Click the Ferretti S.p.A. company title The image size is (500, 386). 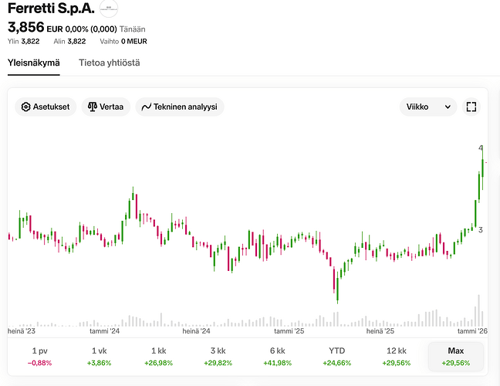pos(51,9)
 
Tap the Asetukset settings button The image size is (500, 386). pos(46,107)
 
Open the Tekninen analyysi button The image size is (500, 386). pos(179,107)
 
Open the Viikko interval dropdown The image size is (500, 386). pos(428,107)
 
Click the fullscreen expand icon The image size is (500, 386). pos(471,107)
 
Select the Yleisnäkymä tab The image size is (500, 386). pos(33,63)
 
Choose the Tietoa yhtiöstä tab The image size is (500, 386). pos(109,63)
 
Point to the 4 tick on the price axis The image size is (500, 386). pos(481,148)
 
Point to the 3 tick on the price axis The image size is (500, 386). pos(481,230)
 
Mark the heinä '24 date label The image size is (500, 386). pos(196,330)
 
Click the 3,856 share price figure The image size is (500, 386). pos(25,28)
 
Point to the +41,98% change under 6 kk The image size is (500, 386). pos(278,362)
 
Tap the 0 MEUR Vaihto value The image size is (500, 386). pos(134,42)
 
